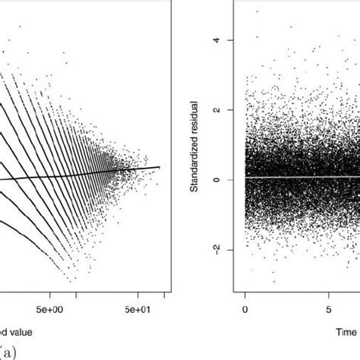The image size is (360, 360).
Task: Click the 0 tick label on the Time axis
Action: pos(245,310)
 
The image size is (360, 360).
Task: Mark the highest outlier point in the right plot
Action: pos(257,11)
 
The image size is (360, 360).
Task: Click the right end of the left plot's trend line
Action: pos(159,167)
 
